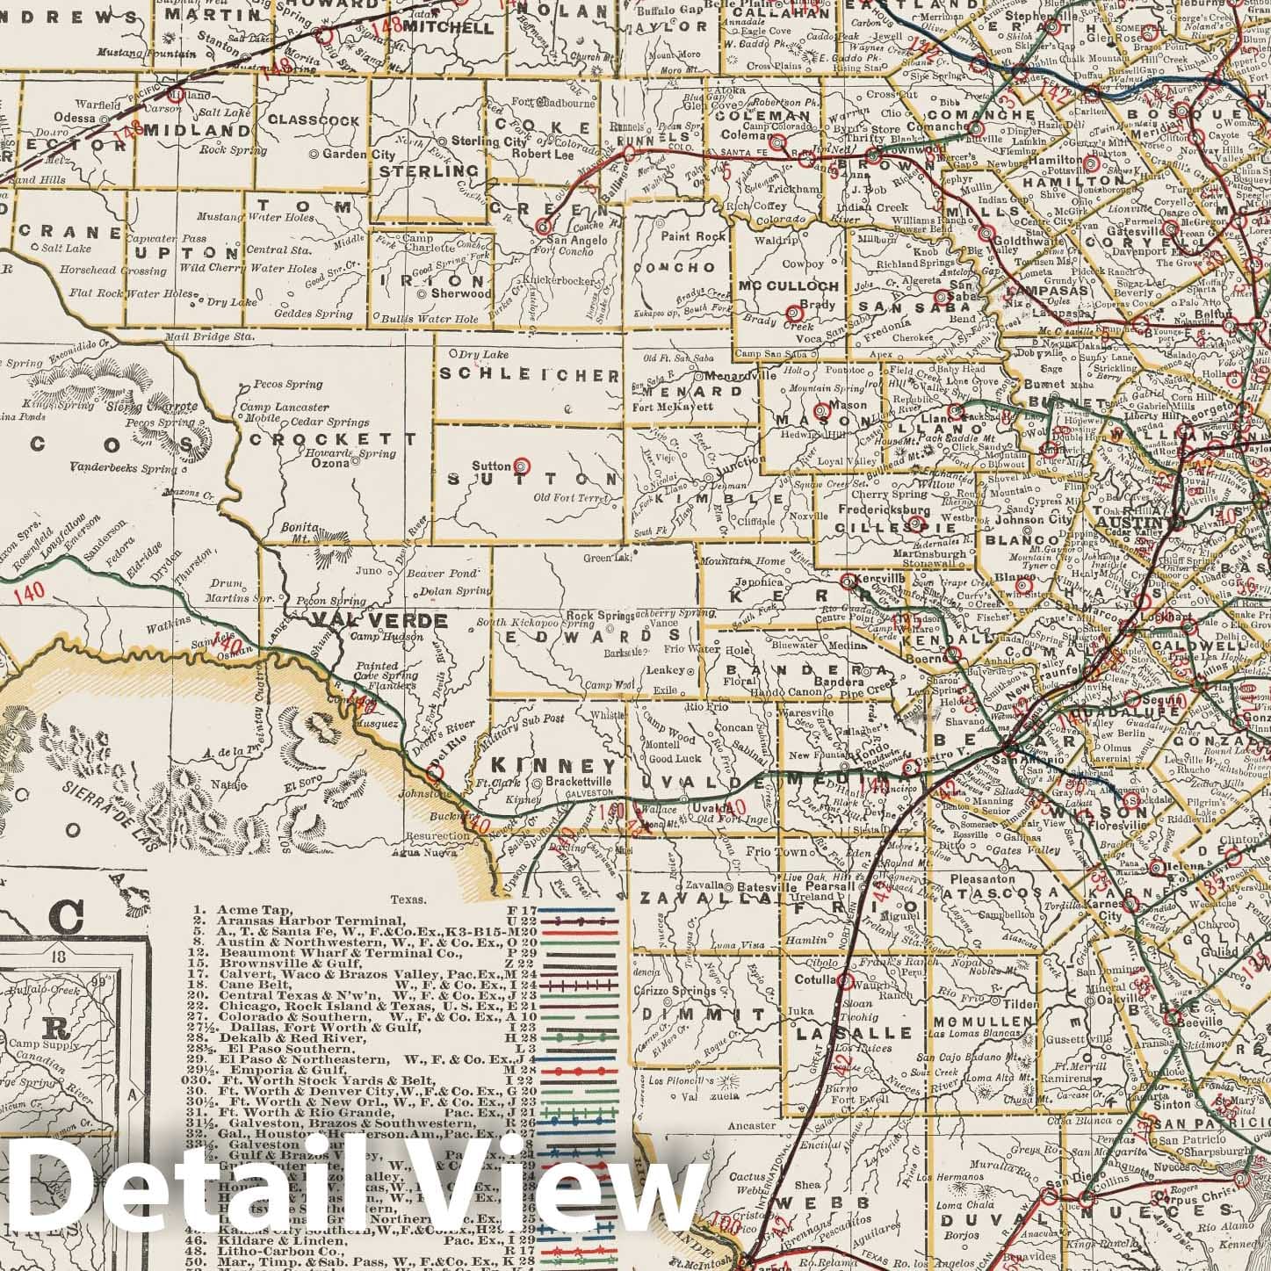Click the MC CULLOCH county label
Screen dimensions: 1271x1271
[790, 285]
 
